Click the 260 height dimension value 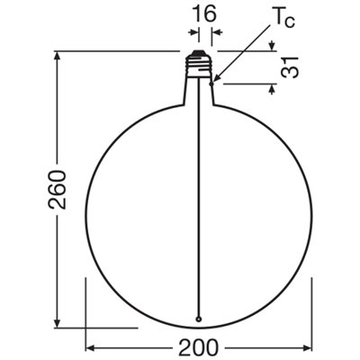coord(57,189)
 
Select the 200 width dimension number coord(198,348)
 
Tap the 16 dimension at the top coord(203,13)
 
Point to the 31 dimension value coord(290,67)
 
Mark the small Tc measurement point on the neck coord(212,84)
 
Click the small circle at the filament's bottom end coord(198,319)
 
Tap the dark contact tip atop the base coord(198,53)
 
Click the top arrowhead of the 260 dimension coord(57,56)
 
